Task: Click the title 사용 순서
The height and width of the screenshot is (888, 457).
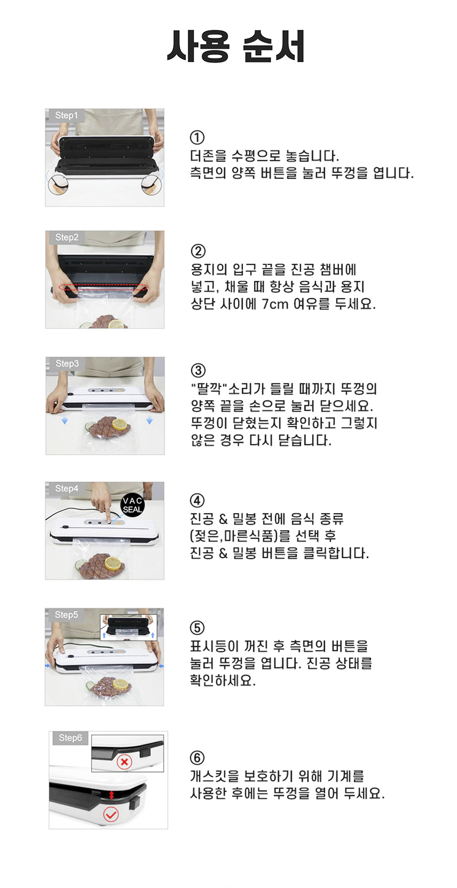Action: click(235, 47)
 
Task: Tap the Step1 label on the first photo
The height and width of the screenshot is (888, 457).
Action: click(66, 115)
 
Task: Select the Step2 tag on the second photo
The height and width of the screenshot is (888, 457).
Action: click(67, 237)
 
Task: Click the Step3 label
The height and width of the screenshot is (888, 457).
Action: click(67, 363)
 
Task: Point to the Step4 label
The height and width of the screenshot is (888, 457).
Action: click(66, 488)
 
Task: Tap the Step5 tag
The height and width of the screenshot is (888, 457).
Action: click(66, 614)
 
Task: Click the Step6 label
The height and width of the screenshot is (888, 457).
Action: click(70, 738)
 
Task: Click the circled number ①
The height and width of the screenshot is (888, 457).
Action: click(197, 138)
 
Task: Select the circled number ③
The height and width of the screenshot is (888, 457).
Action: click(198, 370)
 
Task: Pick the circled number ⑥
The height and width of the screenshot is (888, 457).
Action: click(197, 758)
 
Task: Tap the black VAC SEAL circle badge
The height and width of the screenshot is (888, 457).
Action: click(132, 505)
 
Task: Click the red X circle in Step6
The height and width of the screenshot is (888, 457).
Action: click(124, 762)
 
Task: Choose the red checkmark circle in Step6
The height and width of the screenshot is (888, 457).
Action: click(111, 814)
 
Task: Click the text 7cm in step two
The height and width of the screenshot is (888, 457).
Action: click(275, 304)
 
